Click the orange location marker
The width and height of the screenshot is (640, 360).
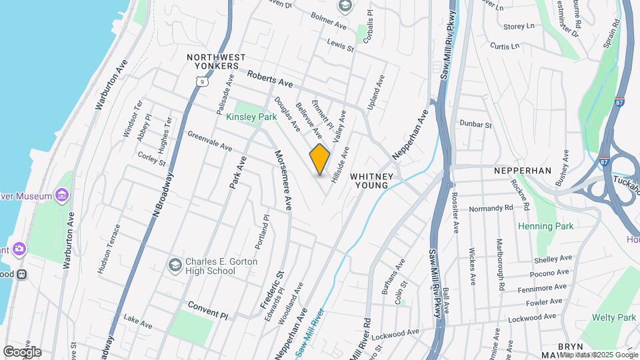320,159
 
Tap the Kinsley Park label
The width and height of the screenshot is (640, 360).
251,117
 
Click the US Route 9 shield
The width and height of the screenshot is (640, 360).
201,81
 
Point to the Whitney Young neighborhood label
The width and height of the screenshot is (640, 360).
373,180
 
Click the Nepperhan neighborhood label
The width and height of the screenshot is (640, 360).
523,171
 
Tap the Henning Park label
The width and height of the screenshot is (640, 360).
546,226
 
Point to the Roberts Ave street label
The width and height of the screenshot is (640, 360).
270,80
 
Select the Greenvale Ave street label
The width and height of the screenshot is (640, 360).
209,141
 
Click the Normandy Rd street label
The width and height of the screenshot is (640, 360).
491,208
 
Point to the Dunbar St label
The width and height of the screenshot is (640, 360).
475,125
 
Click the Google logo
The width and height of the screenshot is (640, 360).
22,351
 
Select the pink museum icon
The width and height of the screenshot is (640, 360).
62,195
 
